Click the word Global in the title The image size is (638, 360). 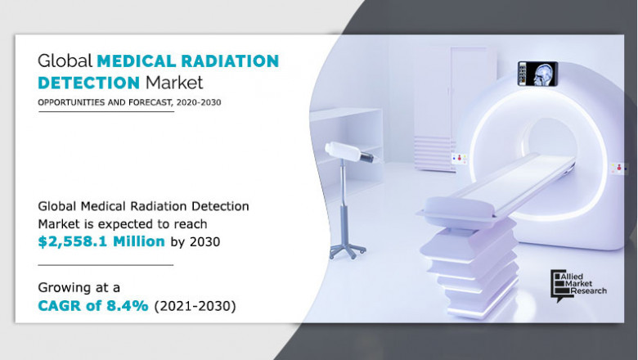click(x=65, y=61)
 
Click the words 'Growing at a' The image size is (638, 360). click(x=76, y=287)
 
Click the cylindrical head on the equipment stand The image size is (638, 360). click(x=344, y=151)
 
